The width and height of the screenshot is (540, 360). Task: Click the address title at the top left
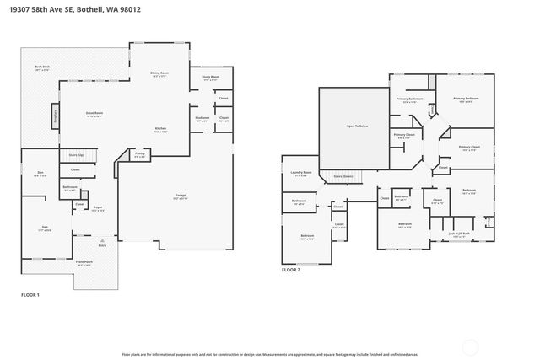(70, 11)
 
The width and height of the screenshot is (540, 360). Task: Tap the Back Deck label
(42, 67)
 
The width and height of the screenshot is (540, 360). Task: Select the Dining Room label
(159, 74)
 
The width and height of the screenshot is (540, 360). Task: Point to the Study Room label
(210, 78)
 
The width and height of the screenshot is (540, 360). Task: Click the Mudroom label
(202, 118)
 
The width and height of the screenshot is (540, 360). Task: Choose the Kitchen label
(159, 130)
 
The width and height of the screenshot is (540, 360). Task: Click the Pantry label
(140, 153)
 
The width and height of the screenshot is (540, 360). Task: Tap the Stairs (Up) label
(75, 155)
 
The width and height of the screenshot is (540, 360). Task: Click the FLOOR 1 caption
(31, 294)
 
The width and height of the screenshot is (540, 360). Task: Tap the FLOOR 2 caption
(291, 270)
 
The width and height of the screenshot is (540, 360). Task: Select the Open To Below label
(357, 126)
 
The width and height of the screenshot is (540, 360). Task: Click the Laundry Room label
(302, 174)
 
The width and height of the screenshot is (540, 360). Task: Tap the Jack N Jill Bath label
(459, 234)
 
